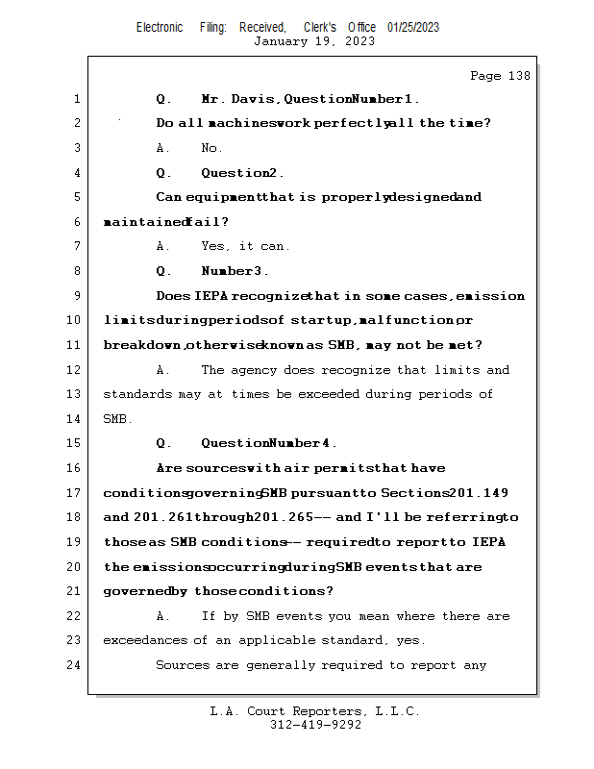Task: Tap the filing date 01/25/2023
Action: tap(413, 27)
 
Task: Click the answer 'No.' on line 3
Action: tap(211, 148)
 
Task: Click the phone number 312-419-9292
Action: tap(315, 725)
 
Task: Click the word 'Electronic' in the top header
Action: tap(160, 27)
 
